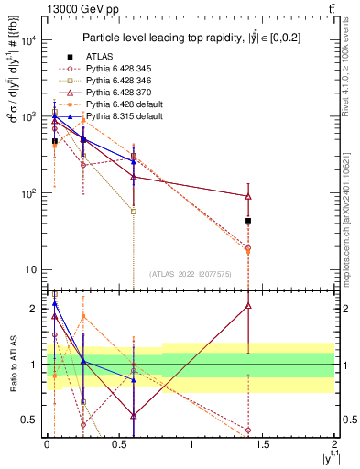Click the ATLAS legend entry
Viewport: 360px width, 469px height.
click(99, 56)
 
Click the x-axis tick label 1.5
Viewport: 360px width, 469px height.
click(263, 444)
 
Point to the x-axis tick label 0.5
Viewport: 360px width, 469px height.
click(118, 444)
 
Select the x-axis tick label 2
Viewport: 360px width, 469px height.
click(335, 444)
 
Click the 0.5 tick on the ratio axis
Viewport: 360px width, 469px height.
click(32, 420)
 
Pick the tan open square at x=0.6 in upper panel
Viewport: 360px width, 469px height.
click(134, 211)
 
